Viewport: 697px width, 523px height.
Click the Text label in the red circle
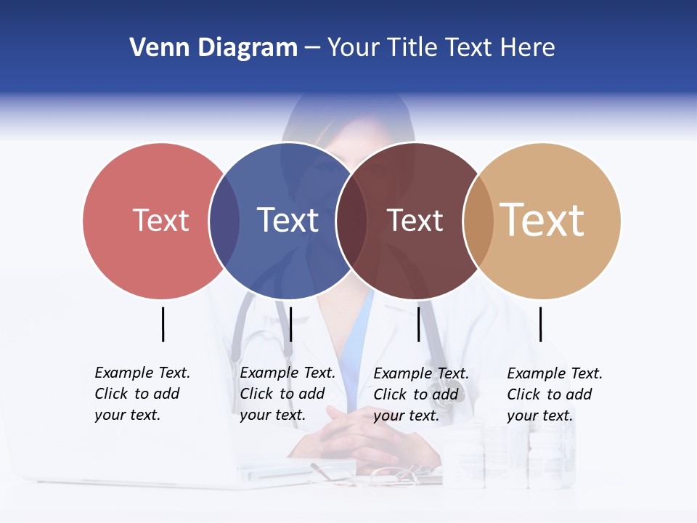coord(160,220)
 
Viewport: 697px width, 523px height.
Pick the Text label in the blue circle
coord(288,220)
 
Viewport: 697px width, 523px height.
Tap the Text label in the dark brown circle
coord(415,220)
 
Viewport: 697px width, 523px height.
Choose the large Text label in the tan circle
coord(542,220)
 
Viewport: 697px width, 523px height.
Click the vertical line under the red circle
coord(163,324)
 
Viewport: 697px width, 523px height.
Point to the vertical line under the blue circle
coord(290,324)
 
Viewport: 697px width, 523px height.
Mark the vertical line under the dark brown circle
coord(418,324)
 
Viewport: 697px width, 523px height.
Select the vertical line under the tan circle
coord(540,324)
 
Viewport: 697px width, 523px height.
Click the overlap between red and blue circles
coord(224,220)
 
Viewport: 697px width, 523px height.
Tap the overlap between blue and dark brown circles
coord(351,220)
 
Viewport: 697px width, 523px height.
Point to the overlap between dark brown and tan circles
coord(478,220)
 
